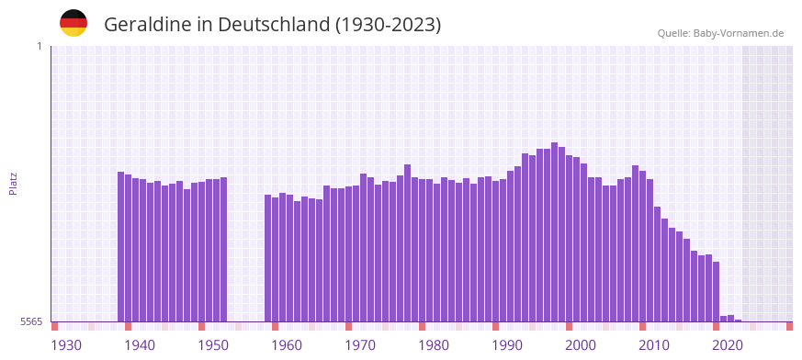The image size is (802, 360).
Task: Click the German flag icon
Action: point(73,23)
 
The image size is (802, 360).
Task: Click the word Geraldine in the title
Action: point(146,25)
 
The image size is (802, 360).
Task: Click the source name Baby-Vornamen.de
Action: point(739,33)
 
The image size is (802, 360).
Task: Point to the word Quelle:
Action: point(673,33)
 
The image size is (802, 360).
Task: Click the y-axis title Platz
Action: point(13,183)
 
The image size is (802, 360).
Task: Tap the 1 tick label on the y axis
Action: point(39,46)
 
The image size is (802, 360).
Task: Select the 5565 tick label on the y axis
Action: point(30,321)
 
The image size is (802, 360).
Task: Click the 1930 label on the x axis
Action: point(66,345)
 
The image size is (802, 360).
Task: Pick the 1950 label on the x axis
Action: point(213,345)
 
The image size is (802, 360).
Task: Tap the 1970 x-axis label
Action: point(360,345)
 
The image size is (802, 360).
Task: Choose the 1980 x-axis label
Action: point(434,345)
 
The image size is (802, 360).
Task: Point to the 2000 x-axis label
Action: point(581,345)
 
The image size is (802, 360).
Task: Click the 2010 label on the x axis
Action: point(654,345)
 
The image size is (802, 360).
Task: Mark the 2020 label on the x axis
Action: point(728,345)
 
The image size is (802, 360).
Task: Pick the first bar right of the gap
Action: point(268,257)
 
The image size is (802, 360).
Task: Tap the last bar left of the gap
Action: point(223,249)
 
